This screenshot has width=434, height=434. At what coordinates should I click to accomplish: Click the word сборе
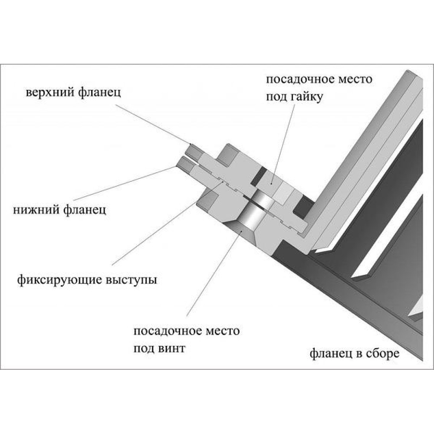point(382,353)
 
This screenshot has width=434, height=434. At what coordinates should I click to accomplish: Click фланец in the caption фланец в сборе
point(329,353)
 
